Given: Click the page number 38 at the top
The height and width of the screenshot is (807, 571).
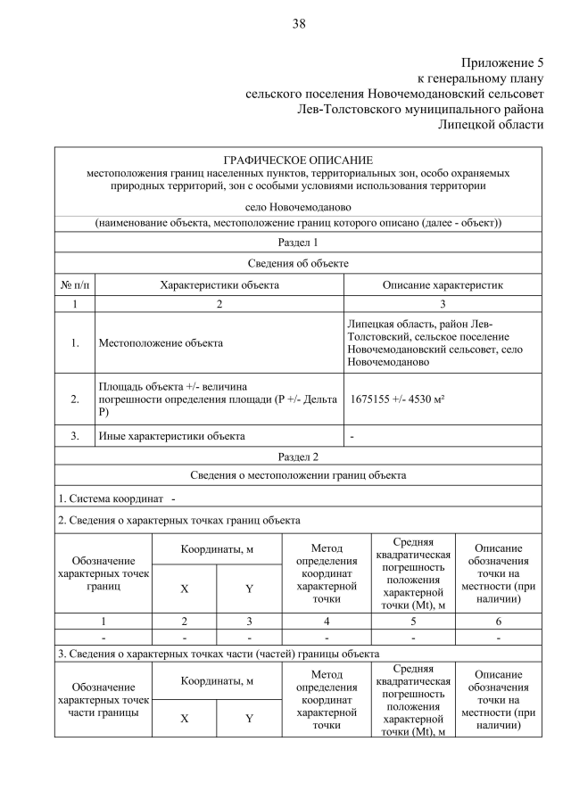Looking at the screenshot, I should tap(298, 24).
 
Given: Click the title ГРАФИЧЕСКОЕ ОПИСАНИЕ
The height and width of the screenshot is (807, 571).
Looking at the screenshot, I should tap(298, 160).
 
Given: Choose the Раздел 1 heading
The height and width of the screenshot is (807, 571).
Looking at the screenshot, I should tap(298, 242).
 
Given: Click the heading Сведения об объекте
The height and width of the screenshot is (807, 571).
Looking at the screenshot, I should tap(298, 263).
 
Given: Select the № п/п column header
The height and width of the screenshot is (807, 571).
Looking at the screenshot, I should tap(75, 284).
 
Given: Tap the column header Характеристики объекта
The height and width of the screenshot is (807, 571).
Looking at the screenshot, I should tap(219, 284).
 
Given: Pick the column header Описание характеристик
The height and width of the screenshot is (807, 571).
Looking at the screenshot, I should tap(443, 284).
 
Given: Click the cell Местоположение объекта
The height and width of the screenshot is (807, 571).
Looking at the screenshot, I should tap(161, 342).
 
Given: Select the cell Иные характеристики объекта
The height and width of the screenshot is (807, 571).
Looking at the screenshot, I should tap(170, 436).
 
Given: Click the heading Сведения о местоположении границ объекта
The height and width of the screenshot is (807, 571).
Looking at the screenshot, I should tap(298, 475).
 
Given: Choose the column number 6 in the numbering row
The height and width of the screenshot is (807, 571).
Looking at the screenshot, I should tap(498, 621).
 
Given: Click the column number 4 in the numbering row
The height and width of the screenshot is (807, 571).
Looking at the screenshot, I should tap(326, 621).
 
